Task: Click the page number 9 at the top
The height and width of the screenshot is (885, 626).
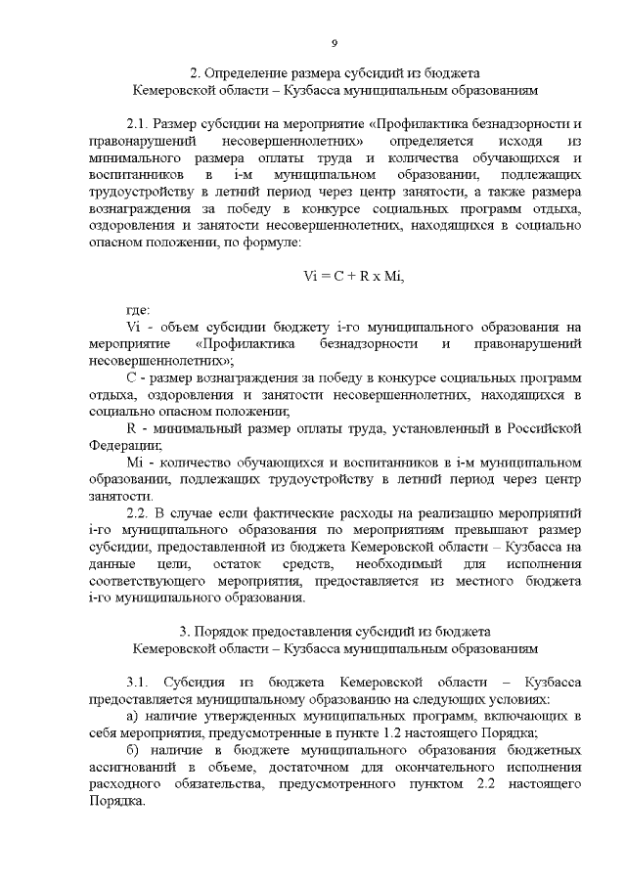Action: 334,43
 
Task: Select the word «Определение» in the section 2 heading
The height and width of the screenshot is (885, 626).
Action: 248,71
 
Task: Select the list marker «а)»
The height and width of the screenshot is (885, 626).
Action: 136,717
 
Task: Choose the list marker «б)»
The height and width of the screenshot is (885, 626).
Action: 136,750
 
